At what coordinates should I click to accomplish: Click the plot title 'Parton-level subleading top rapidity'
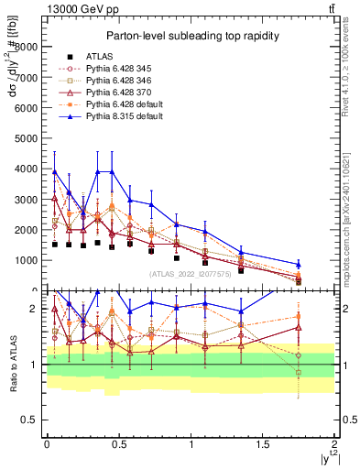[x=190, y=36]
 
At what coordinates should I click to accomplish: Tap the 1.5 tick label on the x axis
[x=262, y=443]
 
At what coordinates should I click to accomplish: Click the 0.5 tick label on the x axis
[x=118, y=443]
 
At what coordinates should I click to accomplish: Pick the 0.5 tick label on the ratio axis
[x=30, y=420]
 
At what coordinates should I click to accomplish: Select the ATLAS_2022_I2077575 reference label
[x=190, y=273]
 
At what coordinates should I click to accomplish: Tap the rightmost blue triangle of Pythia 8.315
[x=298, y=265]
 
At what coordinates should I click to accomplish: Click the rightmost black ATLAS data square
[x=298, y=281]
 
